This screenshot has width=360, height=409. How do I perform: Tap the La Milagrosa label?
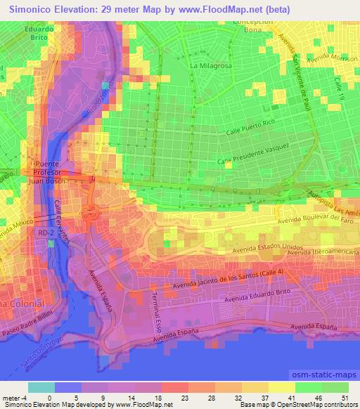(x=210, y=65)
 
